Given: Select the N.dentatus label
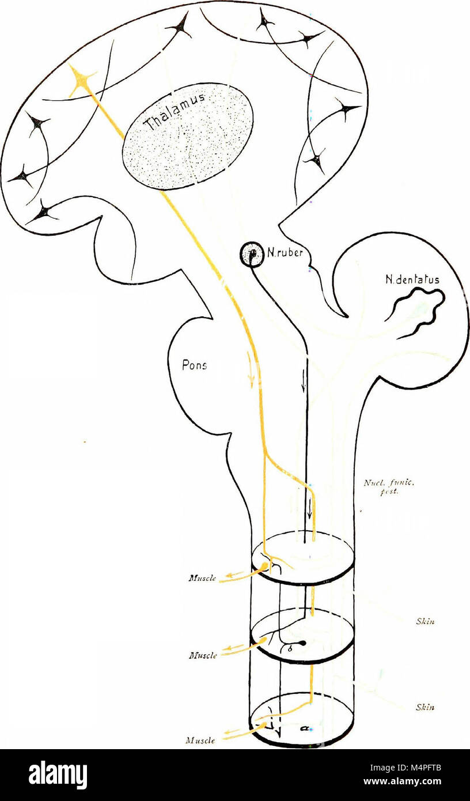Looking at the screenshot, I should [x=411, y=280].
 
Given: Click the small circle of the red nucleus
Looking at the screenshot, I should [x=251, y=254].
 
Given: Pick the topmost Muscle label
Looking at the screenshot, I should [x=203, y=579].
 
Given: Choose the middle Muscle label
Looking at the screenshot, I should [x=203, y=655].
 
